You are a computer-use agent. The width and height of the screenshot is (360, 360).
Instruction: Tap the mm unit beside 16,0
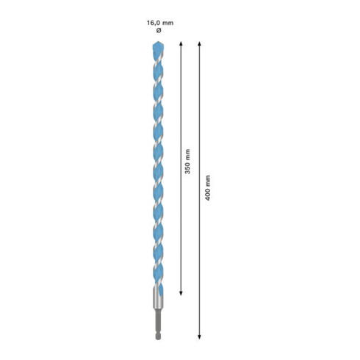coord(167,23)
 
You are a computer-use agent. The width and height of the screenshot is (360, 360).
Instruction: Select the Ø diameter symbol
coord(159,32)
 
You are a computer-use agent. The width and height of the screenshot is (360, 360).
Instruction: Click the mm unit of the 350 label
coord(187,156)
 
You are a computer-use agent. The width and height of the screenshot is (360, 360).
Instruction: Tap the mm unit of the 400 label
coord(208,179)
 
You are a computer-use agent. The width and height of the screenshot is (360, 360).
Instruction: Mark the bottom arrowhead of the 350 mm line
coord(181,292)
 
